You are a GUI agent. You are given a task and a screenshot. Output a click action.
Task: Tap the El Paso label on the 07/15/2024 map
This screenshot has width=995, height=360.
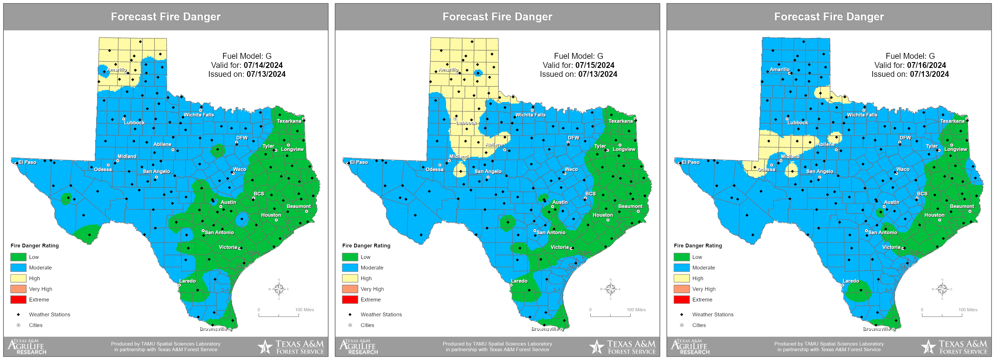click(359, 162)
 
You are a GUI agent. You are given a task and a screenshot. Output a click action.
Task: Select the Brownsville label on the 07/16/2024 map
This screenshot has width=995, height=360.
click(877, 329)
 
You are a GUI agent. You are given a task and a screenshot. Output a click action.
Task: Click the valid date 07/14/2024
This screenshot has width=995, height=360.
click(263, 65)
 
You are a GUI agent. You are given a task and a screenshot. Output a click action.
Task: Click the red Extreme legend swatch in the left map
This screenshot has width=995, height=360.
click(18, 300)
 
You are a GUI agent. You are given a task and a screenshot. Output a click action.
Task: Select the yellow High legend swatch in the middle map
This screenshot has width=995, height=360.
click(350, 279)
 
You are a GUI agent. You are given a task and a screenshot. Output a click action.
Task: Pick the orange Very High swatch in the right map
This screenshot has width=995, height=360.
click(681, 289)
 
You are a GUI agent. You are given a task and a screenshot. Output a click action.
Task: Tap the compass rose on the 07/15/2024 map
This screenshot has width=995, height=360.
click(610, 289)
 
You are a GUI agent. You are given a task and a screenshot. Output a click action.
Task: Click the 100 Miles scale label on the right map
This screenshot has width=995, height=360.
click(968, 310)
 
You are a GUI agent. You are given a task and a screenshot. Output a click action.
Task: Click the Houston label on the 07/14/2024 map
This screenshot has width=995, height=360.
click(271, 215)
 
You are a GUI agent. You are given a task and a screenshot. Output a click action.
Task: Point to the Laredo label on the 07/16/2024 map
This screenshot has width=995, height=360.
click(851, 281)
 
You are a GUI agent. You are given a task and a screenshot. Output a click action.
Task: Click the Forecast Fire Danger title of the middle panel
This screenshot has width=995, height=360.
click(497, 16)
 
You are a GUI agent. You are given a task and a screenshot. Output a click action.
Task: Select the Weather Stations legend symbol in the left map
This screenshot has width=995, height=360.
click(18, 315)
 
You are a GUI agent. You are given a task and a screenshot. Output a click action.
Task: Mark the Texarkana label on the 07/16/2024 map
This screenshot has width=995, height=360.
click(952, 121)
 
